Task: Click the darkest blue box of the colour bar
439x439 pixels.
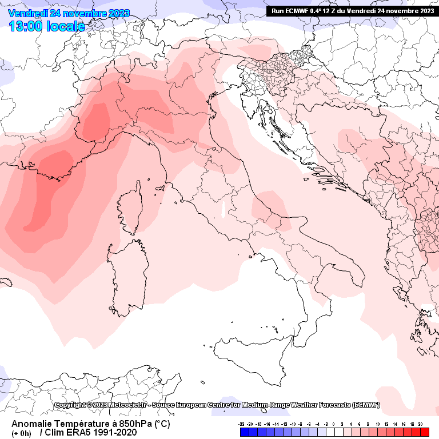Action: pyautogui.click(x=244, y=432)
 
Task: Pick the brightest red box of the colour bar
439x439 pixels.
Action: pyautogui.click(x=424, y=432)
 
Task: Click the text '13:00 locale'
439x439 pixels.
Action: pyautogui.click(x=47, y=26)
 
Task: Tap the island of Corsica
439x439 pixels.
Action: pyautogui.click(x=130, y=209)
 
